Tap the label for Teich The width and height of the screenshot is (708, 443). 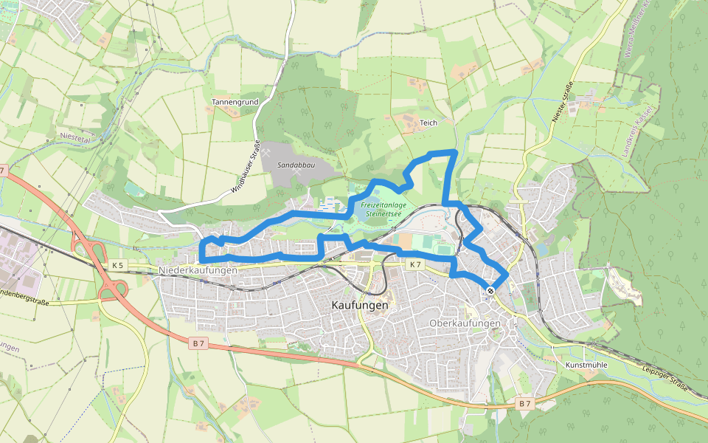(x=428, y=123)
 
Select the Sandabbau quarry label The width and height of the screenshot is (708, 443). (x=296, y=165)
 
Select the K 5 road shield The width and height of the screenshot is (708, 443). (x=117, y=264)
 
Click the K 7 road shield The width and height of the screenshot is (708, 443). (x=415, y=264)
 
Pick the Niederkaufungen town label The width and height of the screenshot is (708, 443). (x=198, y=271)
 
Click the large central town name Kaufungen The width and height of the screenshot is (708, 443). (x=361, y=305)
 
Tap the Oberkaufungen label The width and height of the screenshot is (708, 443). (x=465, y=323)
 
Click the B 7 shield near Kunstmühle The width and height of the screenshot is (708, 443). (x=524, y=404)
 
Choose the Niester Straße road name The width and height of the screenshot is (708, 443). (x=563, y=102)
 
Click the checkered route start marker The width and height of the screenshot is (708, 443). (x=490, y=290)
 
